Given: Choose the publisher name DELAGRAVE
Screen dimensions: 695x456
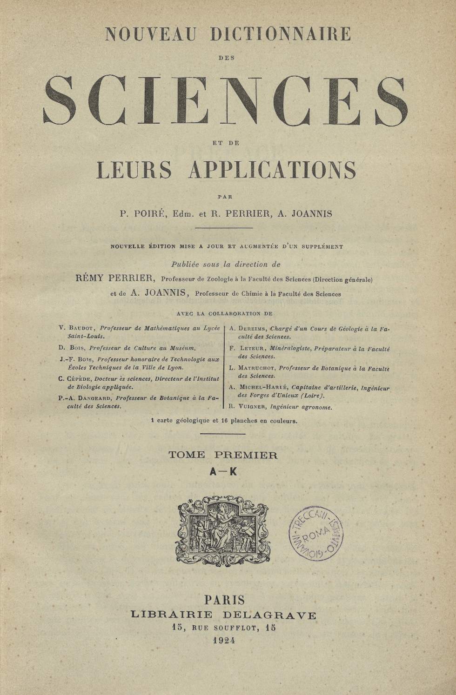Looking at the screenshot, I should coord(272,615).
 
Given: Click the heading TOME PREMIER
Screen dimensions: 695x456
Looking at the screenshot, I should coord(223,456).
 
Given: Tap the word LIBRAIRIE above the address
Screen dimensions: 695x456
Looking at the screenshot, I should coord(172,615).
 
